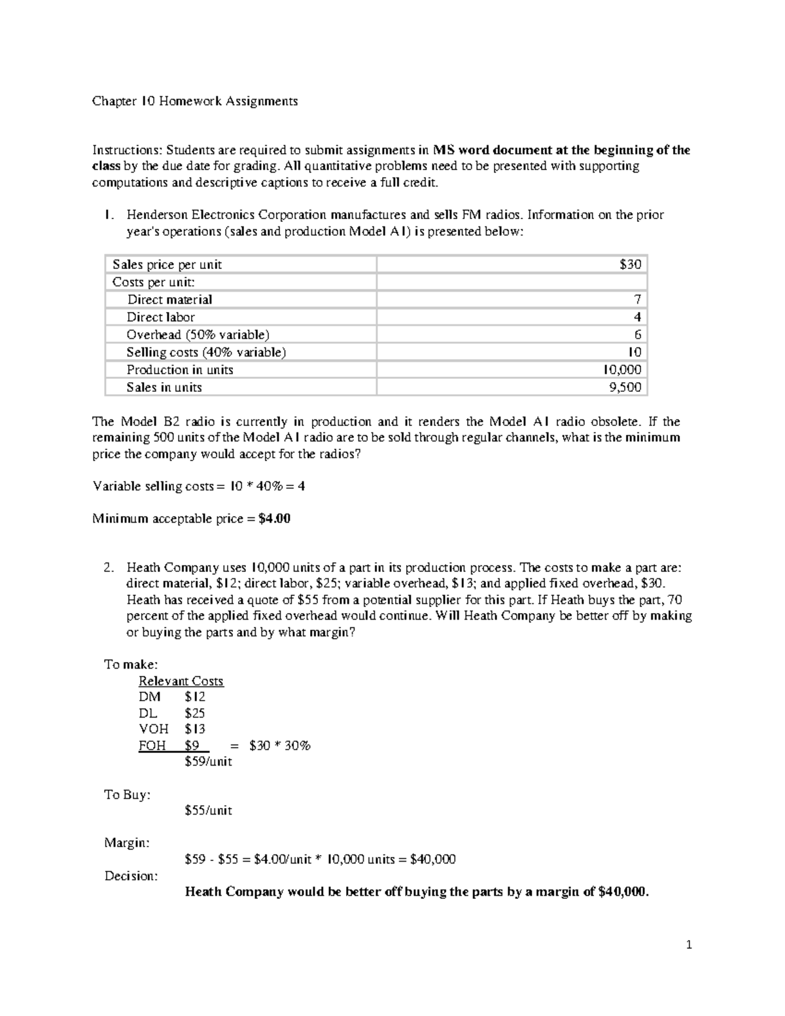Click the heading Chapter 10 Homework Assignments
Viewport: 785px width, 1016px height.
click(194, 101)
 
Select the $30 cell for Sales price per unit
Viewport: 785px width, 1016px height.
click(631, 264)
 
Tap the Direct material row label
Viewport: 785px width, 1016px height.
click(169, 300)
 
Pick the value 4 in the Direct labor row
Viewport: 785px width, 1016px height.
click(637, 317)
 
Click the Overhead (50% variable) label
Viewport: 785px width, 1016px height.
click(198, 335)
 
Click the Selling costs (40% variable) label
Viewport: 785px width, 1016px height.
click(206, 352)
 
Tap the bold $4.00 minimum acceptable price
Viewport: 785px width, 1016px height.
click(274, 519)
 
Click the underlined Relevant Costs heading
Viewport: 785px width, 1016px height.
click(181, 681)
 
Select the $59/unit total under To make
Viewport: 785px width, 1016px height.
click(209, 762)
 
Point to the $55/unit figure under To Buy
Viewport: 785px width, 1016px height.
click(209, 810)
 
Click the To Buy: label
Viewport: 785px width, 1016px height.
click(128, 794)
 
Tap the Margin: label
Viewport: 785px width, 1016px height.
click(127, 843)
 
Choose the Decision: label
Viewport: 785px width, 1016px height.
click(131, 875)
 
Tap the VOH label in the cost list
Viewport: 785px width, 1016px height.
click(154, 729)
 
